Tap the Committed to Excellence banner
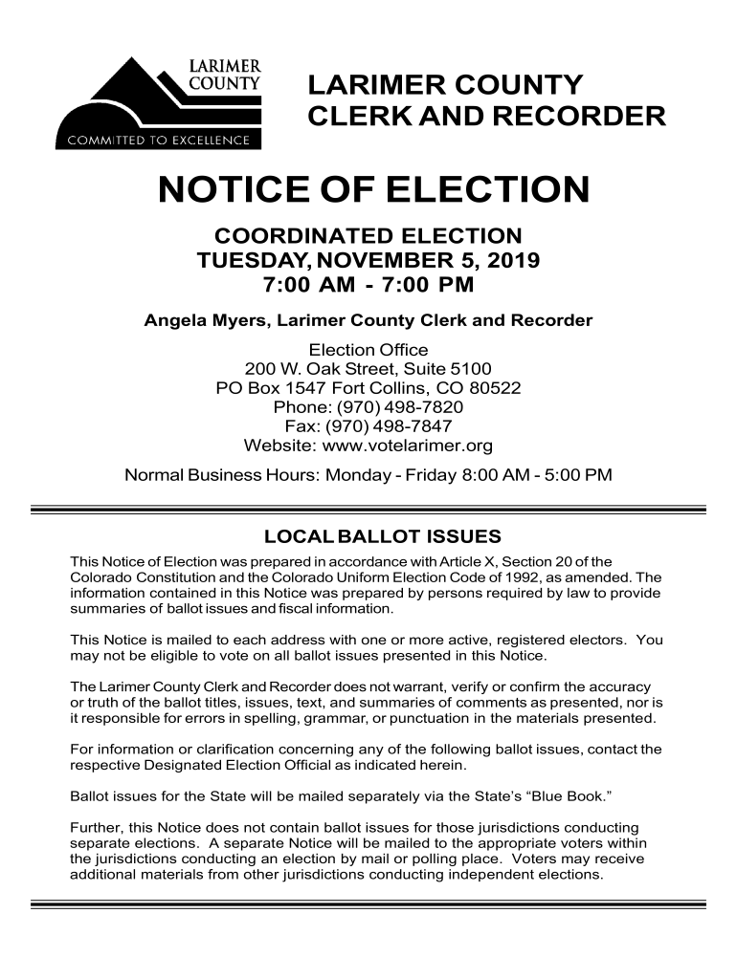coord(158,141)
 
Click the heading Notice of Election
coord(373,189)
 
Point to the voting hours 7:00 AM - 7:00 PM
coord(368,285)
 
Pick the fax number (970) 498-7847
coord(390,426)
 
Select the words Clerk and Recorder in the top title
coord(486,117)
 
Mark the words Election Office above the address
coord(368,350)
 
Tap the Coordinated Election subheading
coord(368,235)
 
